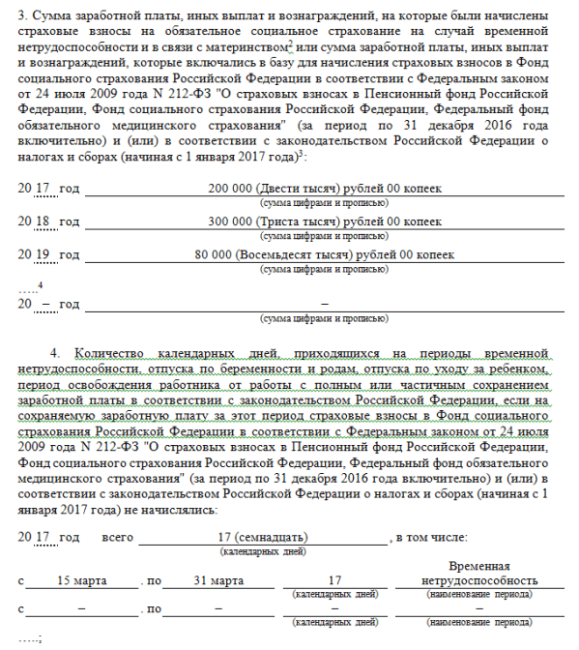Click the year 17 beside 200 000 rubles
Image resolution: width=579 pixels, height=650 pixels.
point(42,187)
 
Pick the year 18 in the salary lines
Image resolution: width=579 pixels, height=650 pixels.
point(42,221)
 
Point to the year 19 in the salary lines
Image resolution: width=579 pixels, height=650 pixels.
point(42,254)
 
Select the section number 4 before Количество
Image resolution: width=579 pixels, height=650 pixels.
point(54,356)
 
